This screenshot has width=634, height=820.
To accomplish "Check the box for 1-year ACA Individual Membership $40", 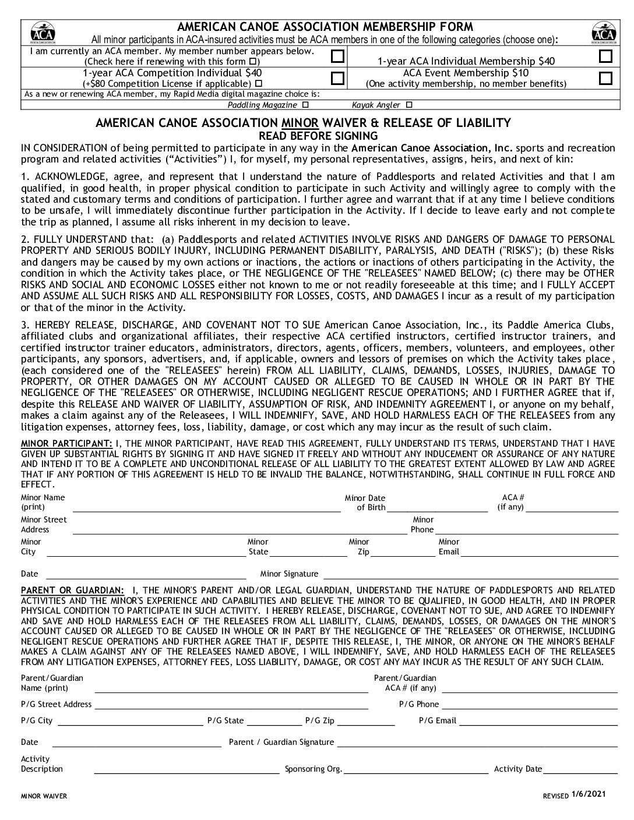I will (606, 56).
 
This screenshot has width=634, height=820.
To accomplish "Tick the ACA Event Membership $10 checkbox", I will (606, 78).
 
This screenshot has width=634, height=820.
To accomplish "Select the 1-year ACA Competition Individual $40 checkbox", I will (337, 78).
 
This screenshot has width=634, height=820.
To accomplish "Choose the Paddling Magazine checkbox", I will (306, 105).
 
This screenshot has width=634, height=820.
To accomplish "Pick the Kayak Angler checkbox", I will (408, 105).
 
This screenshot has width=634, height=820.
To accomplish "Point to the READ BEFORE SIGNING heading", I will (318, 136).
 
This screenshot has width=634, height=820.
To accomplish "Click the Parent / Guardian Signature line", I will (477, 744).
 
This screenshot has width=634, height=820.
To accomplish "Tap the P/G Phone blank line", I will (530, 707).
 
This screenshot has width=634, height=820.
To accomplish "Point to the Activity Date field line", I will (580, 771).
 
